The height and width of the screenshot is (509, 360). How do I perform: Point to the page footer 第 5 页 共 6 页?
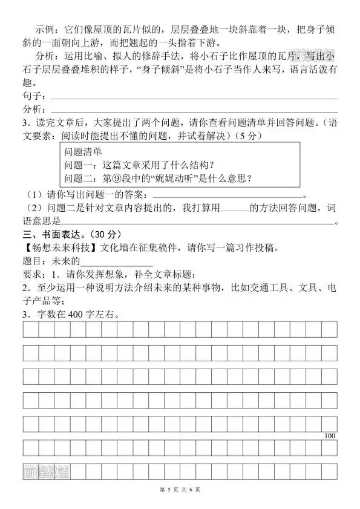point(180,489)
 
